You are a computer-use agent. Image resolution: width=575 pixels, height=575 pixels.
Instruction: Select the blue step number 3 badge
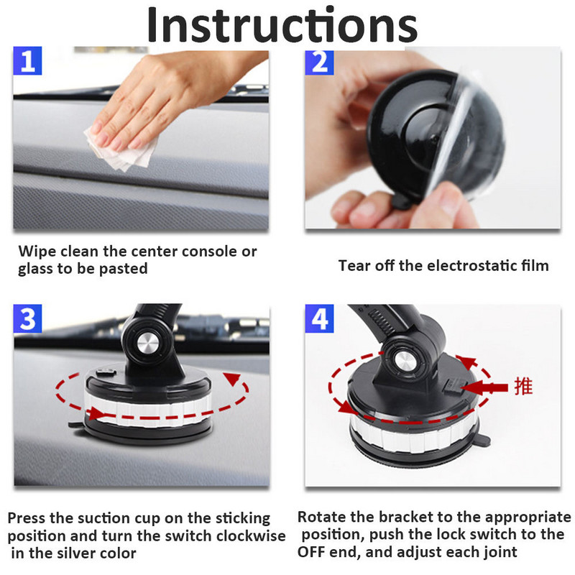28,319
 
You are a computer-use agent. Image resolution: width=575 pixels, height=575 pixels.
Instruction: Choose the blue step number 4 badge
319,319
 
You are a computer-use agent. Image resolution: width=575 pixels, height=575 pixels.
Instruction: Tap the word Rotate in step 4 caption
321,517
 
